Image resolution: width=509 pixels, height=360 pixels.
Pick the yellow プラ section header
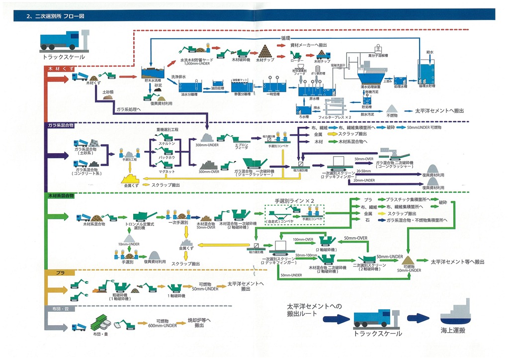click(60, 272)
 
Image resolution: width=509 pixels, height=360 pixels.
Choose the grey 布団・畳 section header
click(59, 309)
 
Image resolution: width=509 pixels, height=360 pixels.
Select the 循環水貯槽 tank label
click(430, 86)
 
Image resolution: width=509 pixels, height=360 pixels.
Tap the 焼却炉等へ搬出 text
click(199, 323)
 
